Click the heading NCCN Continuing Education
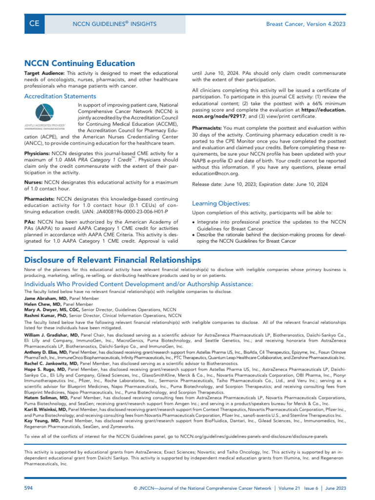tap(80, 63)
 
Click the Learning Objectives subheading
tap(221, 203)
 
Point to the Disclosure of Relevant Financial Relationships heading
tap(112, 259)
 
